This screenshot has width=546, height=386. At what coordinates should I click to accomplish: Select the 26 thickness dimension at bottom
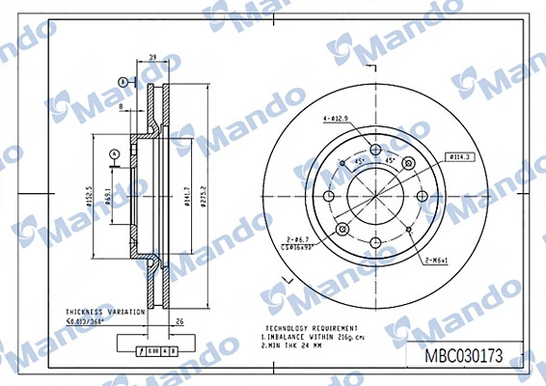click(x=177, y=323)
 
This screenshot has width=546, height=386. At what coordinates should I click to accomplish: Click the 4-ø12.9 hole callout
click(x=335, y=121)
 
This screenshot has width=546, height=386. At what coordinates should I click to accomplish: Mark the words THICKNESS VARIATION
click(x=104, y=313)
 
